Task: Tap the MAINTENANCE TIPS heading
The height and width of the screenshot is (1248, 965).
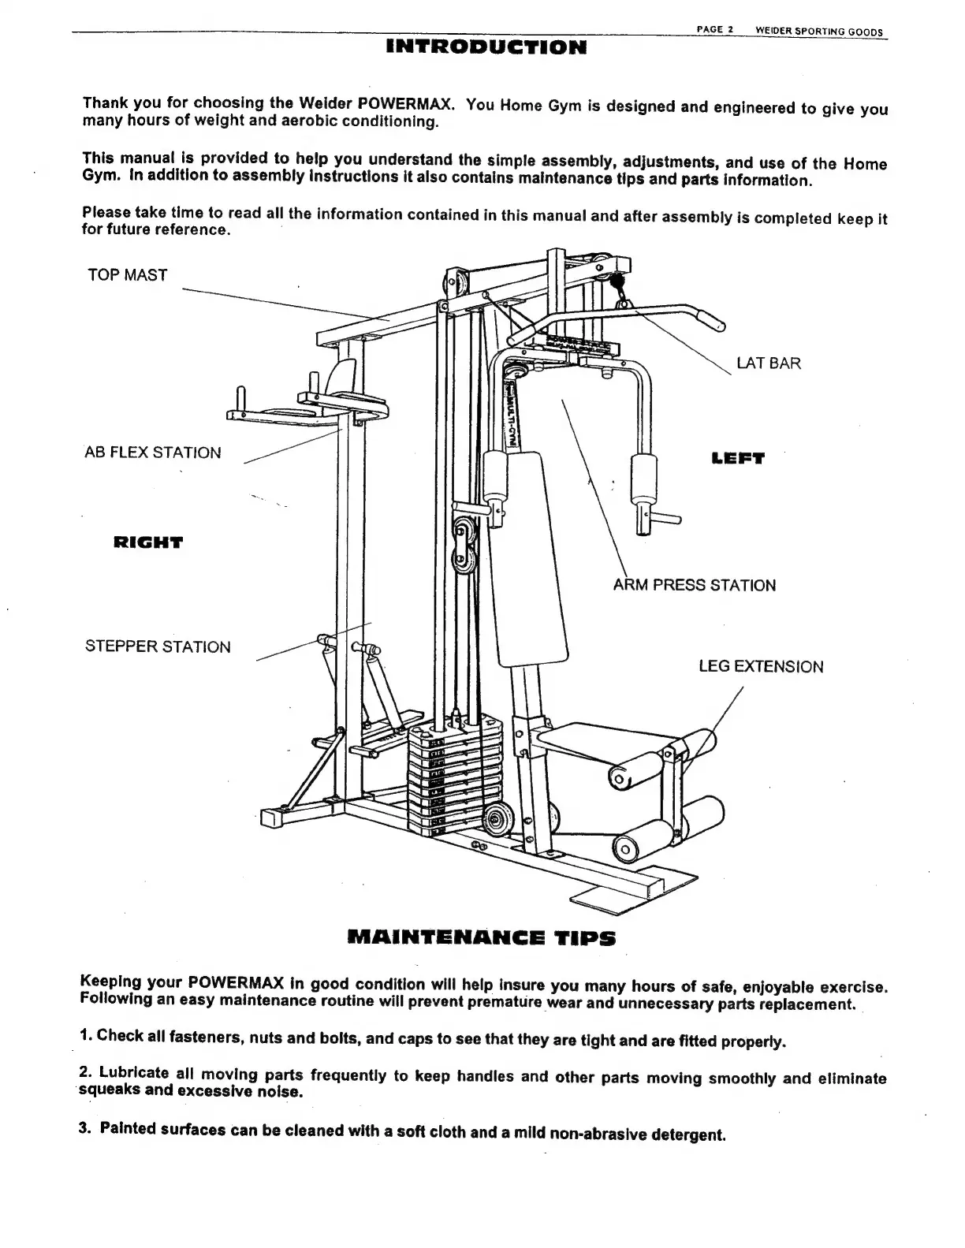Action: point(481,939)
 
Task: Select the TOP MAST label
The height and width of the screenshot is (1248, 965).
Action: point(127,275)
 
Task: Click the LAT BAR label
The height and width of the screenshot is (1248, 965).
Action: point(768,363)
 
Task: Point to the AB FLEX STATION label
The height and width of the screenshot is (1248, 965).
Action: point(153,453)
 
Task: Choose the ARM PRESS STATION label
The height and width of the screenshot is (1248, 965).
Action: point(695,585)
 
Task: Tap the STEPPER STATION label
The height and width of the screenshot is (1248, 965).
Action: point(158,647)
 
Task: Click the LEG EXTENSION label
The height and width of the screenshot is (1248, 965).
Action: point(761,667)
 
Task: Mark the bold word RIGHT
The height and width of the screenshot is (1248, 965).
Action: point(148,542)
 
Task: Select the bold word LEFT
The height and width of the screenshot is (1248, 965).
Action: point(737,458)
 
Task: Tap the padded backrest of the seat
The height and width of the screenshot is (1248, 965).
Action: point(531,560)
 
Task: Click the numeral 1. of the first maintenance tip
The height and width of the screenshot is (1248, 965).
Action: point(85,1035)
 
